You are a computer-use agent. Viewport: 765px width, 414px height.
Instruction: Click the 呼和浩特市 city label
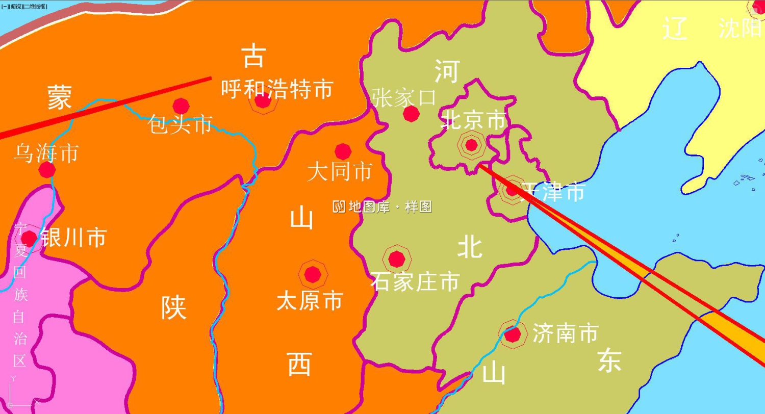point(276,89)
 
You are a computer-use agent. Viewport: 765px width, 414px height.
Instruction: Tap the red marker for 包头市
point(181,106)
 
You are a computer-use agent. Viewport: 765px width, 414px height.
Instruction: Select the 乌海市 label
point(46,153)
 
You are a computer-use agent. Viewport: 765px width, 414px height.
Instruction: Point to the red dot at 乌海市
point(47,170)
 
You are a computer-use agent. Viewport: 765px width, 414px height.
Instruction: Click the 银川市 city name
point(73,238)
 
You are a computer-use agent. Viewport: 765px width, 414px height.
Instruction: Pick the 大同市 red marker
point(343,151)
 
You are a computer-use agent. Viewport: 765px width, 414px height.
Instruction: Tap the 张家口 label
point(404,97)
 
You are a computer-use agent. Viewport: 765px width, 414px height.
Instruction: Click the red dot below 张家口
point(411,114)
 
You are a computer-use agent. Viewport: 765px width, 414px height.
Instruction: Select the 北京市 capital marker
point(471,145)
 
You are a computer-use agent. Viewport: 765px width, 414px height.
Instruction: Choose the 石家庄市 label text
point(415,281)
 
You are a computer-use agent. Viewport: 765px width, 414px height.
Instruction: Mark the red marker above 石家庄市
point(396,260)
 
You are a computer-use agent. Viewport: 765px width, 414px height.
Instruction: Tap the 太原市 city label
point(309,301)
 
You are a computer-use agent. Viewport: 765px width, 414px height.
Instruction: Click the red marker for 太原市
point(313,275)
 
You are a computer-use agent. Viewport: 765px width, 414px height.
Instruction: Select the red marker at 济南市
point(512,335)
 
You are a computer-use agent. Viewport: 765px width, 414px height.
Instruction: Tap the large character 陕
point(174,308)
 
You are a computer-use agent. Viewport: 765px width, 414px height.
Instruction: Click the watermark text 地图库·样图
point(382,206)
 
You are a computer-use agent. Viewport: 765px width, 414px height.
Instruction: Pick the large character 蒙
point(60,97)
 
